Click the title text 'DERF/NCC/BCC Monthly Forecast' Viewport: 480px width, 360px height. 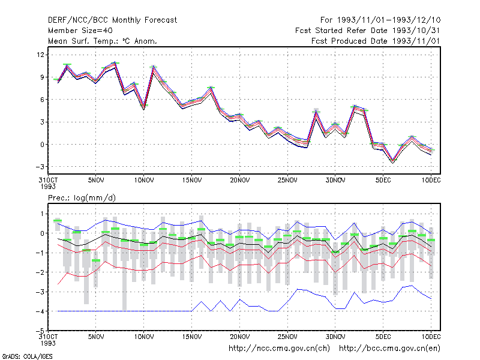click(x=112, y=20)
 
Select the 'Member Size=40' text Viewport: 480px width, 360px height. click(x=80, y=31)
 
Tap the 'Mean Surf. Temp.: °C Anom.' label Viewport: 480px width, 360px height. click(x=102, y=41)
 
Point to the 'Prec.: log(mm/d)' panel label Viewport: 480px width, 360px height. click(x=82, y=198)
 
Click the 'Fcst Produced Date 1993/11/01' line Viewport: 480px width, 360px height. click(x=376, y=41)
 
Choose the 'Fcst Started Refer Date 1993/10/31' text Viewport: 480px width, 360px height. click(x=367, y=31)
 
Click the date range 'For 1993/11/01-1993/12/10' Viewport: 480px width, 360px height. click(x=380, y=20)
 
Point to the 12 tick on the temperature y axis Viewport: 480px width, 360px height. click(x=40, y=55)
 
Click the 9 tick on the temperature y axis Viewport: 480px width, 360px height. click(x=42, y=77)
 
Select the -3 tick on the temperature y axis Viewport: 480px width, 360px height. click(x=40, y=167)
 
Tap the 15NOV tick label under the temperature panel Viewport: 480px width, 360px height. click(x=192, y=181)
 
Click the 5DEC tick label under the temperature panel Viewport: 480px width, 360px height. click(x=383, y=181)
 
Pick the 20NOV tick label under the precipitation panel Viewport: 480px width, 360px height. click(x=239, y=337)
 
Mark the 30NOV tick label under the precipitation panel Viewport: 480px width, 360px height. click(x=335, y=337)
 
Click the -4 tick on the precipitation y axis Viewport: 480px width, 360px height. click(x=40, y=311)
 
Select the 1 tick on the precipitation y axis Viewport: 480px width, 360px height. click(x=43, y=214)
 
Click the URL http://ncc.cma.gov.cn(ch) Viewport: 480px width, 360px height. click(x=279, y=349)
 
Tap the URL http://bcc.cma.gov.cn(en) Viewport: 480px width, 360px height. click(x=389, y=349)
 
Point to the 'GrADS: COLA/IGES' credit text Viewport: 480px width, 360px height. click(x=27, y=356)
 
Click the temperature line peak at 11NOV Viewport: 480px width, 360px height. click(x=154, y=67)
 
